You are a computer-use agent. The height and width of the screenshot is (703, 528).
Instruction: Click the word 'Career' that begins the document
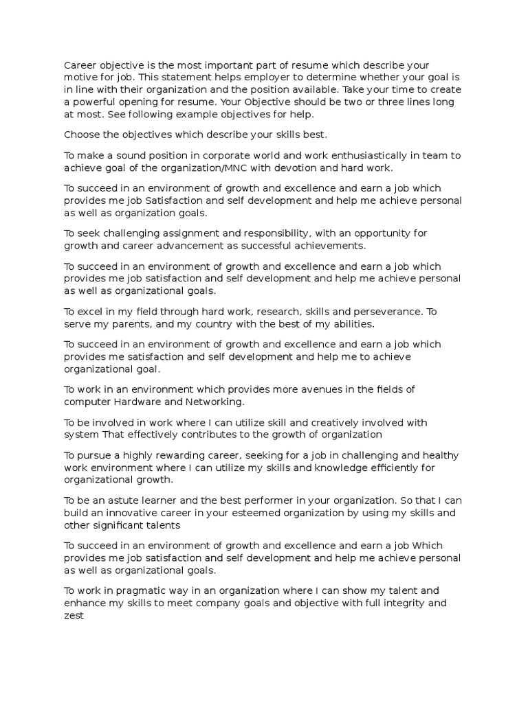point(80,65)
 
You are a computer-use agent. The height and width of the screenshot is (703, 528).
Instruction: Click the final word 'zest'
point(74,616)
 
